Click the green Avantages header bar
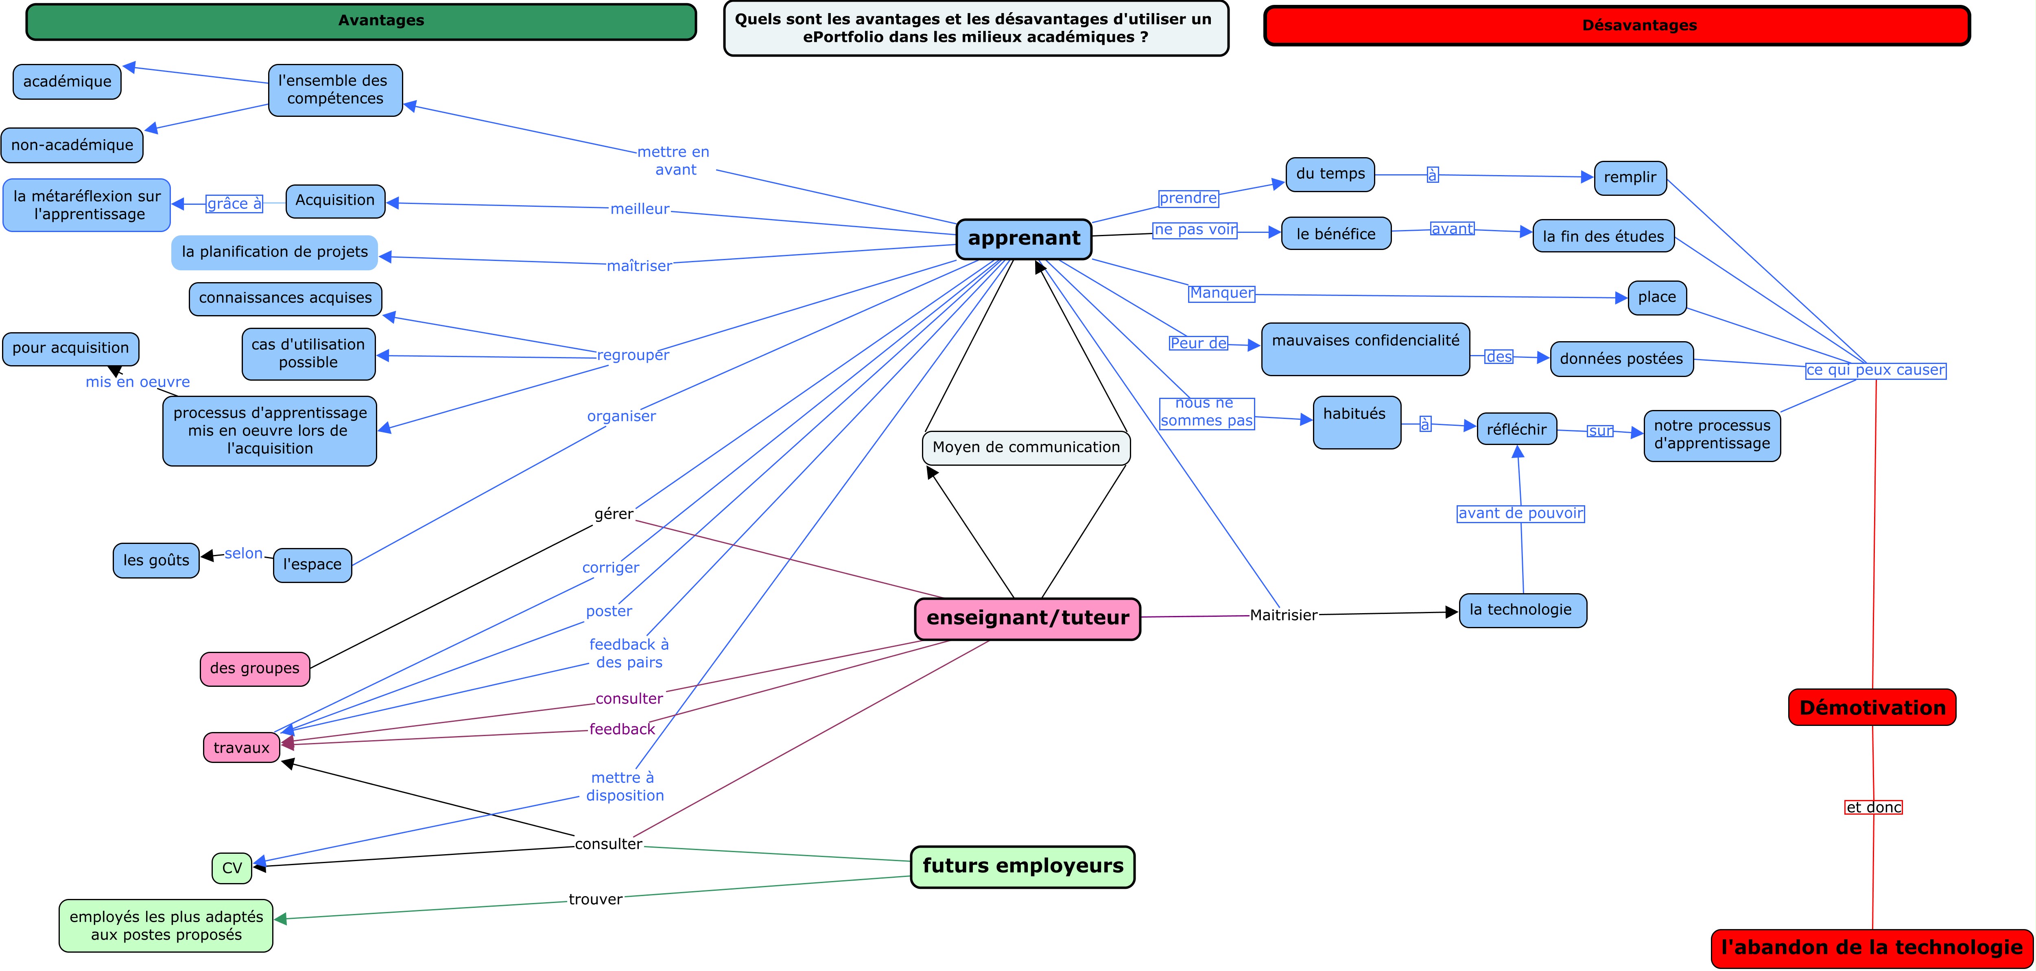361,21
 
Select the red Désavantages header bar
1617,25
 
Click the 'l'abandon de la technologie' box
1872,948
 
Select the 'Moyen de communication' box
1026,447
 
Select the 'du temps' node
1330,174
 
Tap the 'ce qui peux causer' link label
1875,370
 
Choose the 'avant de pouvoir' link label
1520,513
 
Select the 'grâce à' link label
234,204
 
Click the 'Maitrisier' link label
1283,615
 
